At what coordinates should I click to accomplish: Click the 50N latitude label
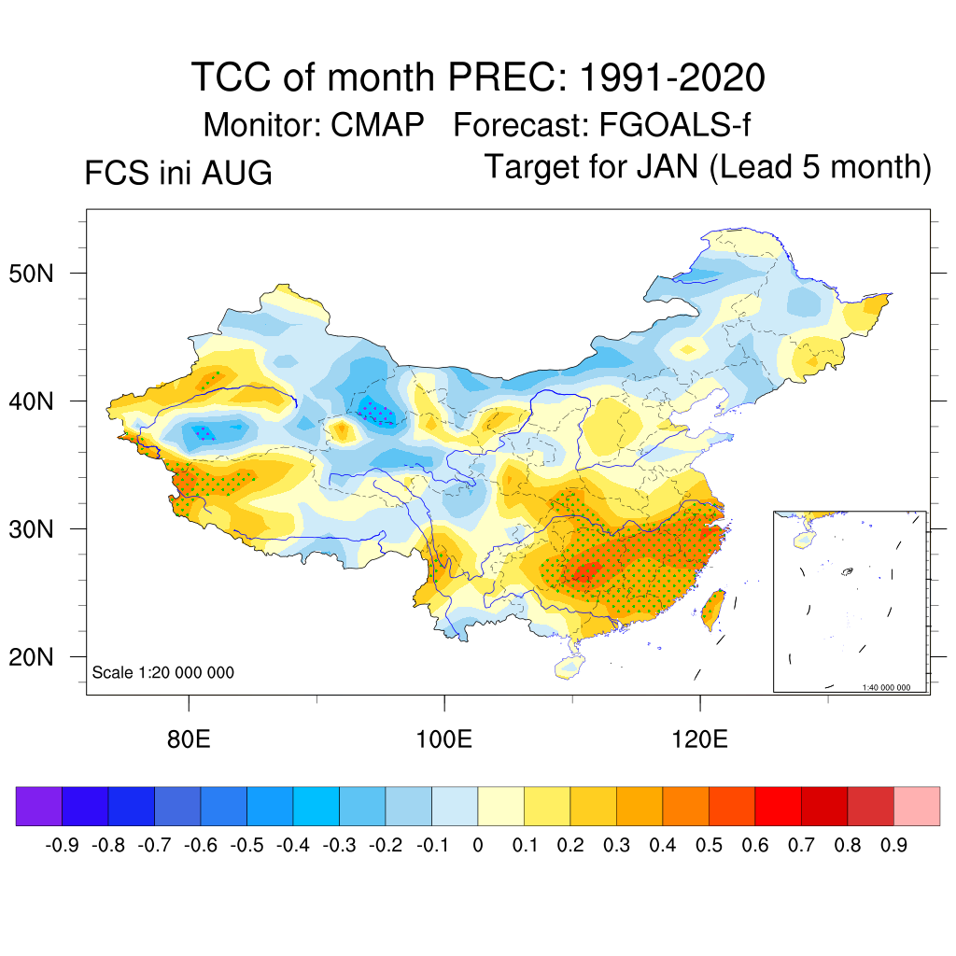[x=31, y=274]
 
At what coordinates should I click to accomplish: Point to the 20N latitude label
[x=31, y=657]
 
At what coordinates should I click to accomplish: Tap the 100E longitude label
[x=443, y=739]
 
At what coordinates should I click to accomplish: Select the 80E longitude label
[x=189, y=739]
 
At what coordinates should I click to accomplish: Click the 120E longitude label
[x=699, y=739]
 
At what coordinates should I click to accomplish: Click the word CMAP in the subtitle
[x=377, y=125]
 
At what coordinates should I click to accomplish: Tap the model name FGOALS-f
[x=675, y=125]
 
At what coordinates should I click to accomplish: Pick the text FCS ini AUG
[x=178, y=173]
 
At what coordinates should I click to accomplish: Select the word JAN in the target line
[x=668, y=166]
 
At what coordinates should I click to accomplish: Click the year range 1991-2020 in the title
[x=672, y=77]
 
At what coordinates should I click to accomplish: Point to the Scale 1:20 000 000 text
[x=162, y=672]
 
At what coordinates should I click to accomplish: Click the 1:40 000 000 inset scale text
[x=886, y=687]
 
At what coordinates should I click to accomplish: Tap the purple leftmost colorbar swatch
[x=39, y=806]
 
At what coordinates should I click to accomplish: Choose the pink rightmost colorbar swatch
[x=917, y=806]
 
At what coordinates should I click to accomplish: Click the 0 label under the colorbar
[x=478, y=845]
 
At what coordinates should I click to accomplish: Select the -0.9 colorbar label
[x=63, y=845]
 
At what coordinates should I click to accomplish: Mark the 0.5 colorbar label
[x=710, y=845]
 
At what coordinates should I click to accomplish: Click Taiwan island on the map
[x=712, y=609]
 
